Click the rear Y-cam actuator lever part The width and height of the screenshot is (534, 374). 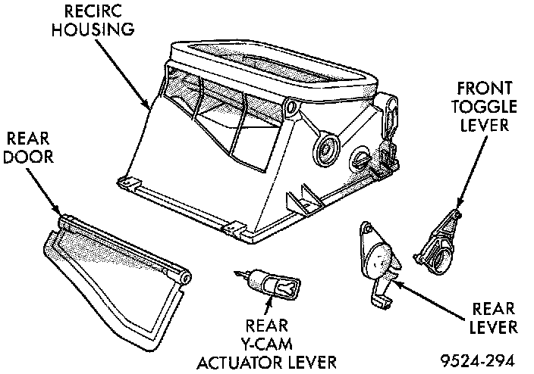click(269, 284)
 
